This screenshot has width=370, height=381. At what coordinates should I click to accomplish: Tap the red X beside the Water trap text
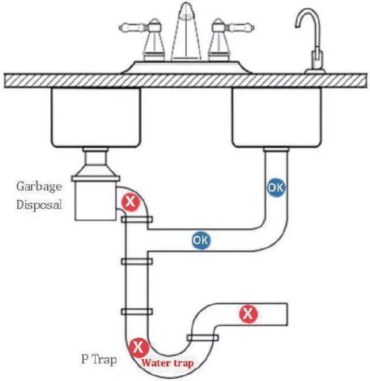(x=138, y=347)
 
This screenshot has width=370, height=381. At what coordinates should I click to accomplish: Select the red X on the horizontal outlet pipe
(x=248, y=314)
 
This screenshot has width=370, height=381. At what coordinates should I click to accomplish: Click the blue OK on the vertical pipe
(x=276, y=187)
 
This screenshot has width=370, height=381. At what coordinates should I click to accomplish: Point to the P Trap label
(x=99, y=360)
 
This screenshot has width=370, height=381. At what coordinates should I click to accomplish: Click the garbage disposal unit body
(x=95, y=199)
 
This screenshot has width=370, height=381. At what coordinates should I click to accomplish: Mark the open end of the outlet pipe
(x=286, y=314)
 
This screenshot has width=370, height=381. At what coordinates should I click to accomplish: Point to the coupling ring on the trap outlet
(x=202, y=337)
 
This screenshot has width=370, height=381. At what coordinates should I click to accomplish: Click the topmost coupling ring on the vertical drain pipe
(x=137, y=220)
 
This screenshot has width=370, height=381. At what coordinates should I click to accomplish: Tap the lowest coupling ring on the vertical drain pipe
(x=137, y=312)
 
